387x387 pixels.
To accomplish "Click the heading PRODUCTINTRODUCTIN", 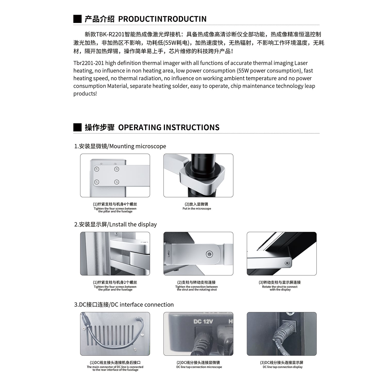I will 162,19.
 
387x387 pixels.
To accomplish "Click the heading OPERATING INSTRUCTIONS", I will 169,127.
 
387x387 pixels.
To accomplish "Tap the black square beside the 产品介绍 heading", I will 77,19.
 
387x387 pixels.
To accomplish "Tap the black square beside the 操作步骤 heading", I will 77,127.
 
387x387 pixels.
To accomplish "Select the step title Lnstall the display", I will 133,224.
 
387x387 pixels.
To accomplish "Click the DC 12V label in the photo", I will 203,321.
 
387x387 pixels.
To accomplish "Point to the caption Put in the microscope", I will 197,209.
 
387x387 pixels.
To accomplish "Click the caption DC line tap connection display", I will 283,367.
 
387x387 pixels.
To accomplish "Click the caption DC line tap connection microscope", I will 199,367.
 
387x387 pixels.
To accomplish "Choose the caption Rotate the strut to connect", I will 280,287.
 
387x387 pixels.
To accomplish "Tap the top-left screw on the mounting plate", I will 97,169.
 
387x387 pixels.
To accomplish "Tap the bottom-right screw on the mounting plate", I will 117,182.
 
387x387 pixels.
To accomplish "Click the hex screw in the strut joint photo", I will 210,254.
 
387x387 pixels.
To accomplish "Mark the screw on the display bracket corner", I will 287,263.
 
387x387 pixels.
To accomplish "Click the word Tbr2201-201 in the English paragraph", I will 88,63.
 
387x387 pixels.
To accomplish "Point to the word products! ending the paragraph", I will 85,94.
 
